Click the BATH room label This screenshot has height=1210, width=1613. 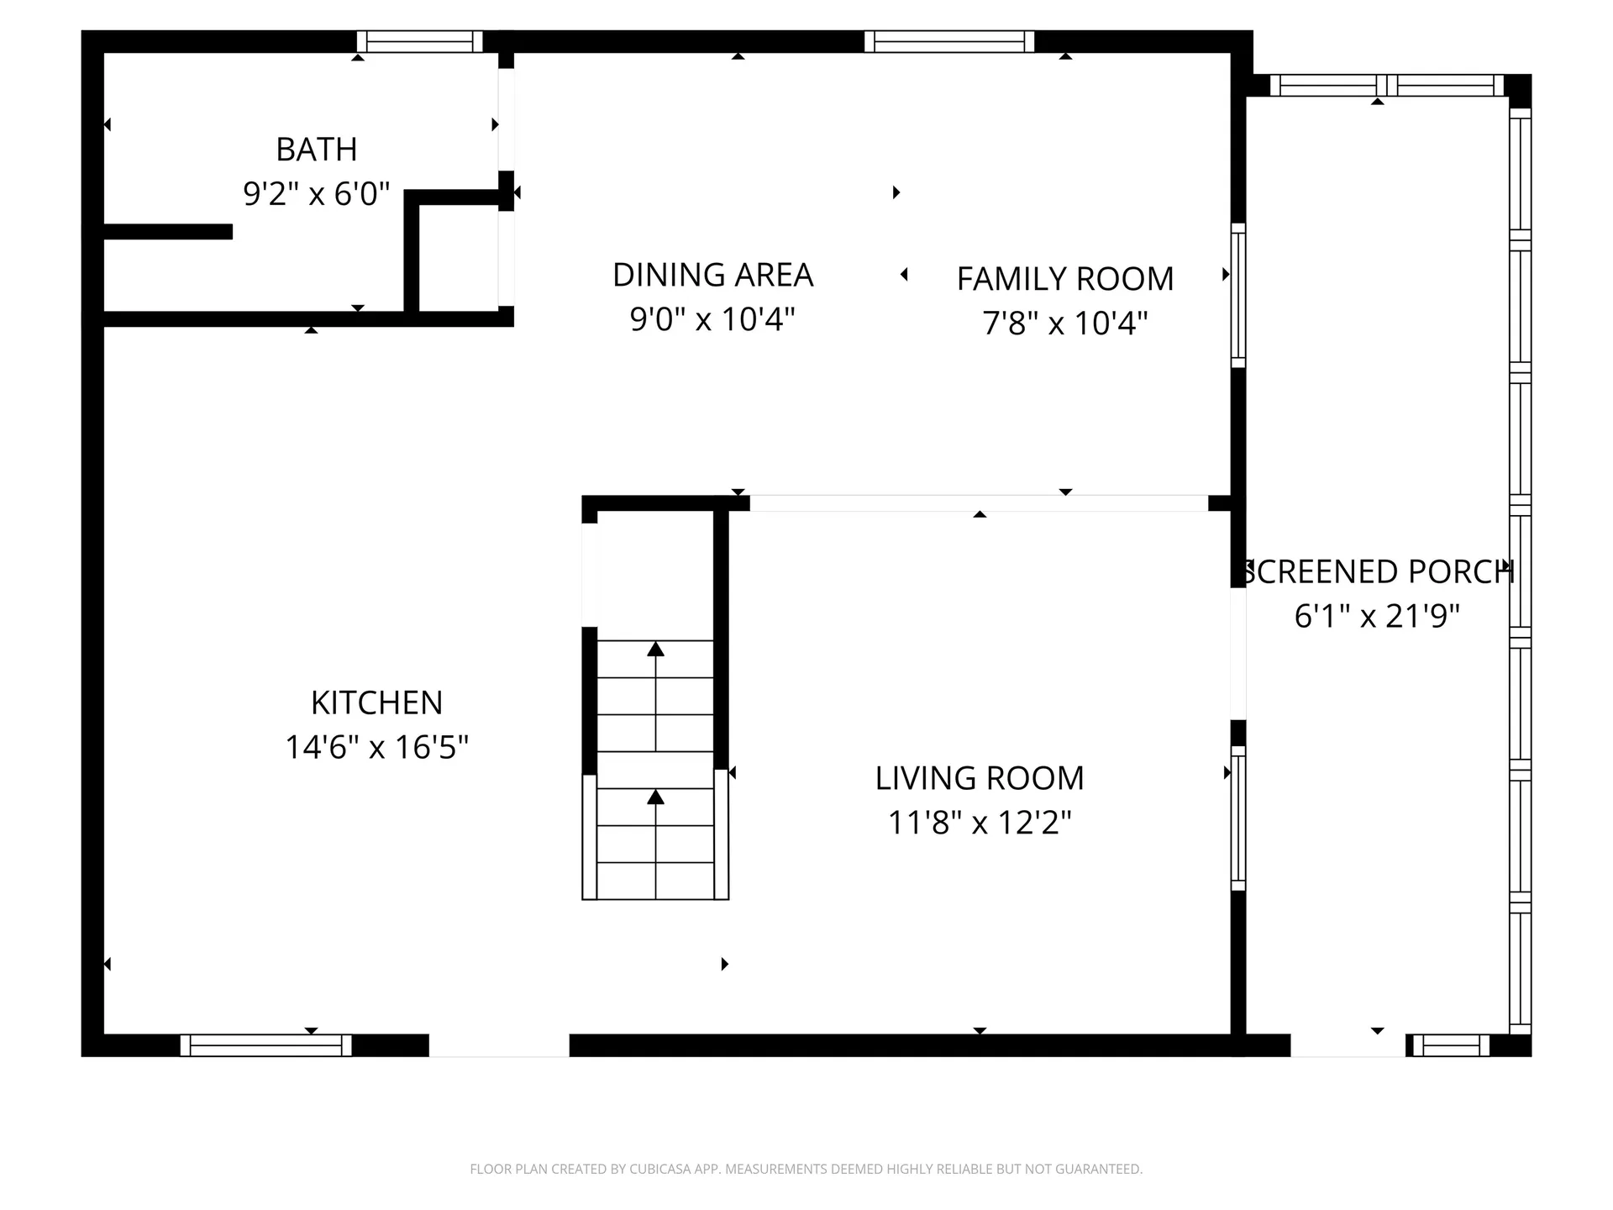[317, 150]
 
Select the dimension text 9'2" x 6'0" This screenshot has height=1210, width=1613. [317, 194]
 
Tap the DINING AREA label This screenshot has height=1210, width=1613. [712, 275]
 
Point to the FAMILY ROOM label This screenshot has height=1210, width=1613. [1064, 279]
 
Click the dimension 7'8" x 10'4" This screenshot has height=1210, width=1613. [1064, 323]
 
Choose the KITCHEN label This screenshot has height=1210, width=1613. [376, 702]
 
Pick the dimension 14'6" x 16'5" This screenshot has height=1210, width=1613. [376, 747]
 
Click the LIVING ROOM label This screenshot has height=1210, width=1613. [979, 778]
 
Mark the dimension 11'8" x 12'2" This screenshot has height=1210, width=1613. [979, 823]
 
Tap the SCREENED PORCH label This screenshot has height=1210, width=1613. [1378, 572]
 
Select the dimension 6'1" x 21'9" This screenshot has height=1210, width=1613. [1377, 616]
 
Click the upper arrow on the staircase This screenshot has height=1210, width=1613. [656, 650]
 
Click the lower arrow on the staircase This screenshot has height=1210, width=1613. [656, 797]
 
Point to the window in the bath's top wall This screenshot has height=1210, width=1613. [419, 42]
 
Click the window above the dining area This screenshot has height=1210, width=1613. [949, 42]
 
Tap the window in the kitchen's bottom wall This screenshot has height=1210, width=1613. [265, 1045]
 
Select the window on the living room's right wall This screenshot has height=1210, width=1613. [1237, 818]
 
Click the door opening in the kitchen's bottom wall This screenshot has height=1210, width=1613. [499, 1045]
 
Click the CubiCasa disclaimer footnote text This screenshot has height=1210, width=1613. [806, 1169]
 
